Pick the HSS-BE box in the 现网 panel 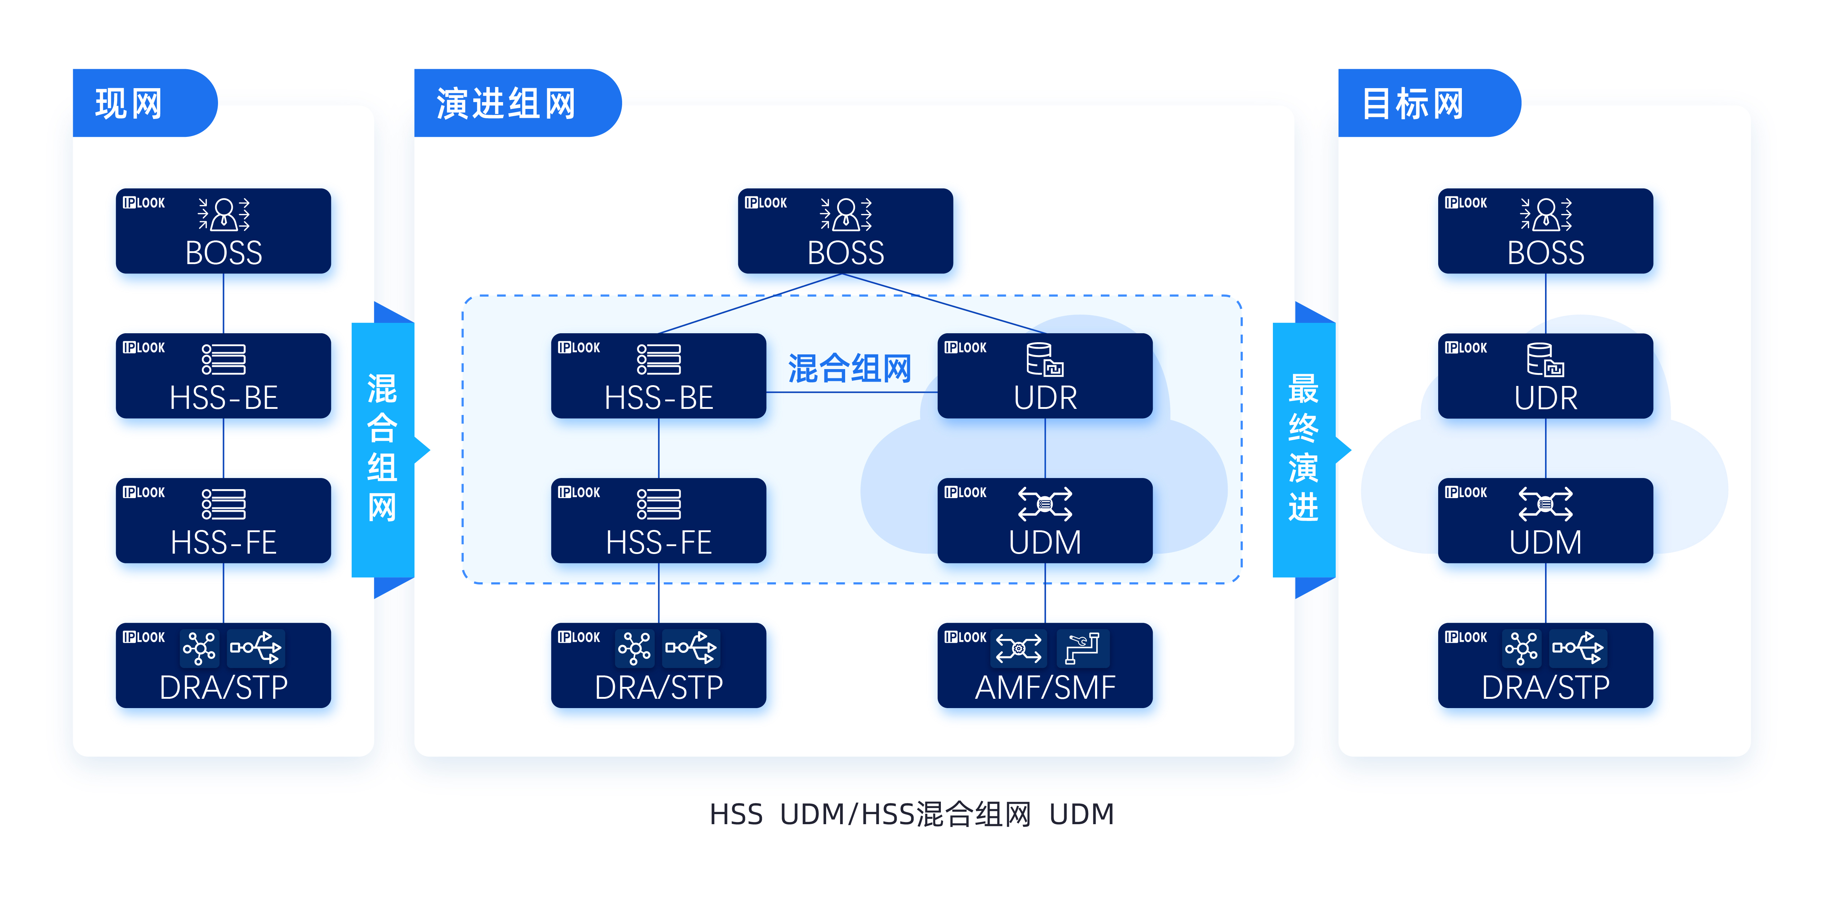[x=223, y=376]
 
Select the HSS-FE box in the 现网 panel [x=223, y=521]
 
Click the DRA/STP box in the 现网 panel [x=223, y=665]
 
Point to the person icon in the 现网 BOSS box [x=224, y=214]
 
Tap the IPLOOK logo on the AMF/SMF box [x=965, y=637]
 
